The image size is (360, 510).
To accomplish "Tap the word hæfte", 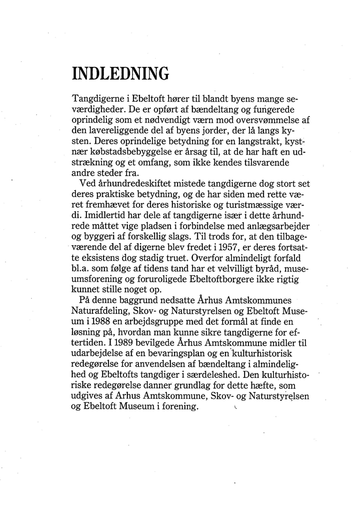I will pyautogui.click(x=259, y=387).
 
